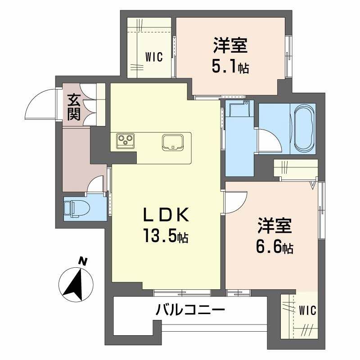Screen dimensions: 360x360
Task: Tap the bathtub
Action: point(305,128)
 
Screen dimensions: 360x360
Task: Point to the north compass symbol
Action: point(76,283)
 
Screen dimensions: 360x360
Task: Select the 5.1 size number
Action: point(230,68)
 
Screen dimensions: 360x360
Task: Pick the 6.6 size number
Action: point(274,247)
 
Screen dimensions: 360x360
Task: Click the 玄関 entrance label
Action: point(74,106)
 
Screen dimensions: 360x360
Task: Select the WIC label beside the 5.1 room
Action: point(153,57)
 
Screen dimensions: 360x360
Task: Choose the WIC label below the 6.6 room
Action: point(307,310)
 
